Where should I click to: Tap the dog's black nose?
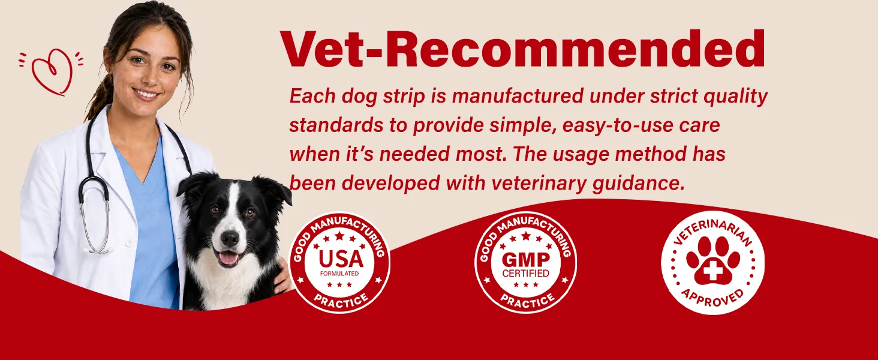coord(230,238)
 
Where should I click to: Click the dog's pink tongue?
coord(228,258)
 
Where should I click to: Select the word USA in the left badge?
coord(341,259)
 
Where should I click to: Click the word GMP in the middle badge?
coord(525,260)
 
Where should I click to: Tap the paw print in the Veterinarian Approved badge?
coord(713,261)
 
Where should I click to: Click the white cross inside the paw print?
coord(712,271)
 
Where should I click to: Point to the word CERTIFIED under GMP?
coord(525,274)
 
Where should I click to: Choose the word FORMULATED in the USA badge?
coord(339,274)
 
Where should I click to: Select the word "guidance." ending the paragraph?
coord(639,184)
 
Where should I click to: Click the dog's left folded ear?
coord(195,184)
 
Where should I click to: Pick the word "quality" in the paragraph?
coord(735,97)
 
